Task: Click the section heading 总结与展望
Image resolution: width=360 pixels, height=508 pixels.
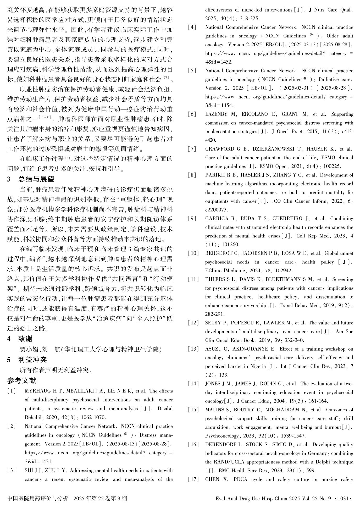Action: click(36, 179)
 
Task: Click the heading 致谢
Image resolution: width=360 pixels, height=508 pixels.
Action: click(25, 339)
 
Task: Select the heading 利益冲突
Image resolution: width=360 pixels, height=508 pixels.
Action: click(32, 360)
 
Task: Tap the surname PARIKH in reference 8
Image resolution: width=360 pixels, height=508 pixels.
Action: click(214, 175)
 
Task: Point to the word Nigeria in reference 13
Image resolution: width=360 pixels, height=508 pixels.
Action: click(257, 366)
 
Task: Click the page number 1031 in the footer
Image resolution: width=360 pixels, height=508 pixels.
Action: click(343, 498)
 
